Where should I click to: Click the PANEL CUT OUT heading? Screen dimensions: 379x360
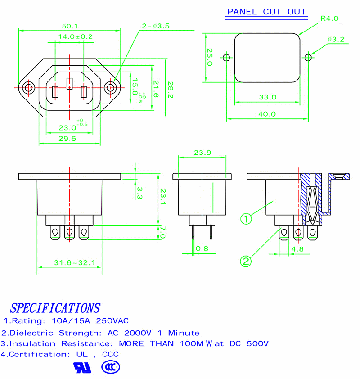coord(266,12)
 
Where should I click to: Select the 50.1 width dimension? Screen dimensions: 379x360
coord(70,26)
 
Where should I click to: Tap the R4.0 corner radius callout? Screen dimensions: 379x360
coord(329,18)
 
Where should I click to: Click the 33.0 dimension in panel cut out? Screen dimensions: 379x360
coord(268,97)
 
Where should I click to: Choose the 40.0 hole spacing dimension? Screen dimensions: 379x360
coord(267,114)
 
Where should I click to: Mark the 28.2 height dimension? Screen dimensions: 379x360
coord(170,90)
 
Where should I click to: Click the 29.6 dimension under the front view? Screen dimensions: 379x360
coord(67,139)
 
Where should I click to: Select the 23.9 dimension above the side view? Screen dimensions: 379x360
coord(202,153)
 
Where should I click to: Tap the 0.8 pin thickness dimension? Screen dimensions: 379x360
coord(202,248)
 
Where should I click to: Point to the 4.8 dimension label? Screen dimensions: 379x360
coord(297,248)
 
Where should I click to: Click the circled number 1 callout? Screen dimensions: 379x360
coord(246,219)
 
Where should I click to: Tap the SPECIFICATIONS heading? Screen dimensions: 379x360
coord(55,308)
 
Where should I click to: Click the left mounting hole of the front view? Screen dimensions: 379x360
coord(29,87)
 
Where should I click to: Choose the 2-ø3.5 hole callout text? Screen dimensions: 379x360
coord(155,26)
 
